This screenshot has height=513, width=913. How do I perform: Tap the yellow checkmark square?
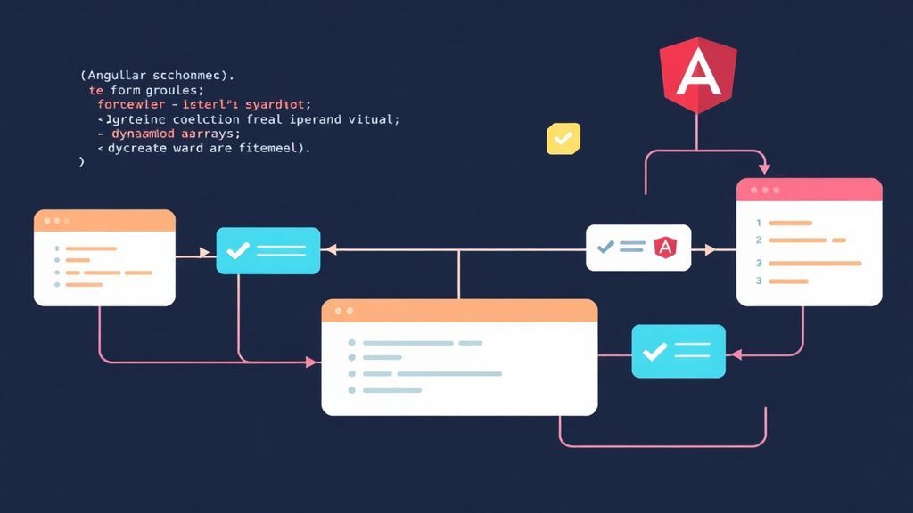click(x=563, y=139)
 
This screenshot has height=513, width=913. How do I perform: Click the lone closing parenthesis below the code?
click(x=81, y=163)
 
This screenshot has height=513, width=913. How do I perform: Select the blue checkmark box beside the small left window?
click(x=267, y=250)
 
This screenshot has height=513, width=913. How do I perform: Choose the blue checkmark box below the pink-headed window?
click(x=678, y=351)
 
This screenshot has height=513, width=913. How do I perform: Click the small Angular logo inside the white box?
click(x=664, y=248)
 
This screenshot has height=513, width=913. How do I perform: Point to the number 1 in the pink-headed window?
click(x=758, y=223)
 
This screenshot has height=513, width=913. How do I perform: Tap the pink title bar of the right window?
click(x=809, y=191)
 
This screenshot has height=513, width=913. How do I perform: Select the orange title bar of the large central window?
click(x=458, y=311)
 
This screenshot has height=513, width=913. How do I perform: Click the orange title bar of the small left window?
click(x=104, y=220)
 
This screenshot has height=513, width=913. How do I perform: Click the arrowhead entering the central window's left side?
click(x=311, y=362)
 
